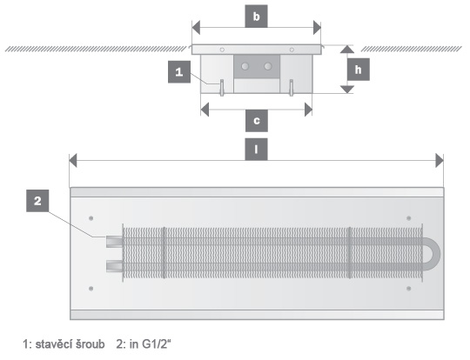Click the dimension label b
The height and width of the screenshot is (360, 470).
(256, 17)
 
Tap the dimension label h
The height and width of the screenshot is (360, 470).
(359, 70)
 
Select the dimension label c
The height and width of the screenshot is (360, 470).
(257, 121)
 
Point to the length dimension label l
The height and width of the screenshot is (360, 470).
(256, 150)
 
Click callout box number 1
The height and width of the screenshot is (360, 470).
(179, 72)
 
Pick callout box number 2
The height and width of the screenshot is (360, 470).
(37, 201)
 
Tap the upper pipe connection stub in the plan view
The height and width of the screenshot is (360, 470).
(114, 242)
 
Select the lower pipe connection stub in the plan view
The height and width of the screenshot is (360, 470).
(114, 266)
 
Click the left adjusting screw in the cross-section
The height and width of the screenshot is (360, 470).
(222, 88)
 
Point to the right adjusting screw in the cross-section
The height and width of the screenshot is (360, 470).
(291, 88)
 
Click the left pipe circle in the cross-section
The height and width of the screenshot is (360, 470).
(245, 66)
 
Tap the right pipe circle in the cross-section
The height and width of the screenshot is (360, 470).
(268, 66)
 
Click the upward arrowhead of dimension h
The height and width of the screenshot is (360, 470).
(347, 49)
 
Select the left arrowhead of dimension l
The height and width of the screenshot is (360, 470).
(73, 161)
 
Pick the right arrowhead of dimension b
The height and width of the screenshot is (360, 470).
(317, 28)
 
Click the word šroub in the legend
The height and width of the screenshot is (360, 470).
(90, 344)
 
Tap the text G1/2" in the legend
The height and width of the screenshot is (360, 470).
(156, 344)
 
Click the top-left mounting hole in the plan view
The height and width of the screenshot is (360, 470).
(91, 218)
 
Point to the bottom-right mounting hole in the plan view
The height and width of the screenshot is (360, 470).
(408, 289)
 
